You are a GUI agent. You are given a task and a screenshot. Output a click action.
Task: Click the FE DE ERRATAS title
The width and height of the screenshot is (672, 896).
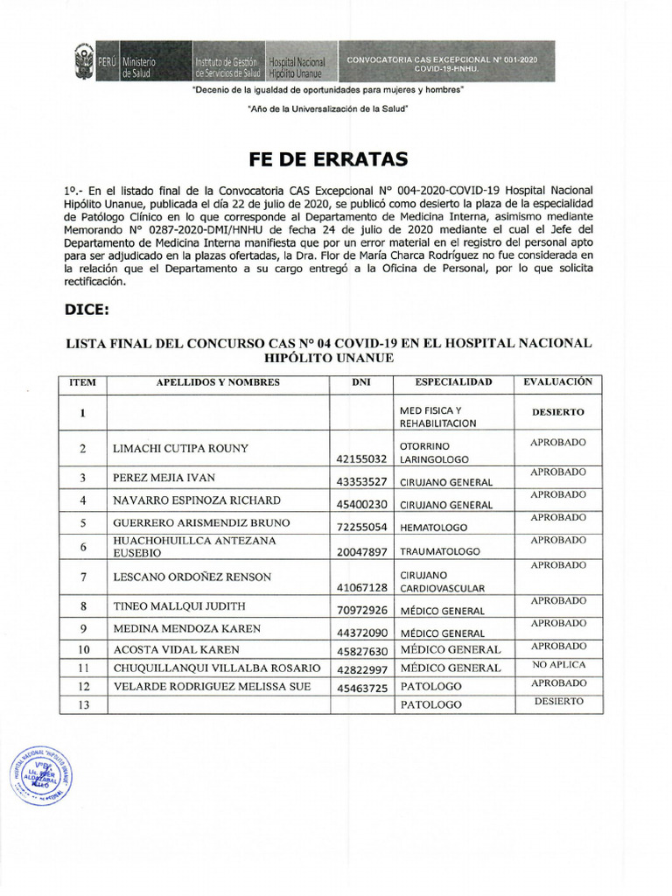pos(328,159)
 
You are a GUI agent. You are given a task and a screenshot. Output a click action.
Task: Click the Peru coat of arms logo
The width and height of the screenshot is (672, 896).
pos(85,63)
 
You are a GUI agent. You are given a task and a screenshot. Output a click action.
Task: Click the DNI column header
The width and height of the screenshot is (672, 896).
pos(360,382)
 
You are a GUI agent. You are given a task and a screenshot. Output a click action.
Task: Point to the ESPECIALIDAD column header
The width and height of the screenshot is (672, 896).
pos(453,382)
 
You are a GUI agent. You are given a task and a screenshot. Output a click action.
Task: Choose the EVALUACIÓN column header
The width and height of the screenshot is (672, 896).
pos(557,382)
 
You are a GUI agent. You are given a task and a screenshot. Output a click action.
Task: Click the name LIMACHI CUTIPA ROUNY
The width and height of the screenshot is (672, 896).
pos(181,449)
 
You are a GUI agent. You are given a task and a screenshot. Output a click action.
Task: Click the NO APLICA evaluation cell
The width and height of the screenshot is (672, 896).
pos(557,665)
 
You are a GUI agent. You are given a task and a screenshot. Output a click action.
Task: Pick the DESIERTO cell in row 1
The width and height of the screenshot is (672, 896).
pos(557,411)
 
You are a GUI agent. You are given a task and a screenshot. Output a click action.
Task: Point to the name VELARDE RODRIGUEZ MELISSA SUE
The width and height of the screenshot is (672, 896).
pos(213,687)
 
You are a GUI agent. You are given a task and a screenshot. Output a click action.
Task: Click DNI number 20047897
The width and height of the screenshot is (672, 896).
pos(360,552)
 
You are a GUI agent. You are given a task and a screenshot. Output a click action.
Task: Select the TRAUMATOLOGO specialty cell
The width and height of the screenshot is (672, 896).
pos(440,552)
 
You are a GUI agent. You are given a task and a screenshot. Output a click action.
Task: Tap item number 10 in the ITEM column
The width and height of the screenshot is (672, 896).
pos(82,650)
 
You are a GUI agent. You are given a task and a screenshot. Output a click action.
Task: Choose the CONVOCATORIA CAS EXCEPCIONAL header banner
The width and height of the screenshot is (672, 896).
pos(441,62)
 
